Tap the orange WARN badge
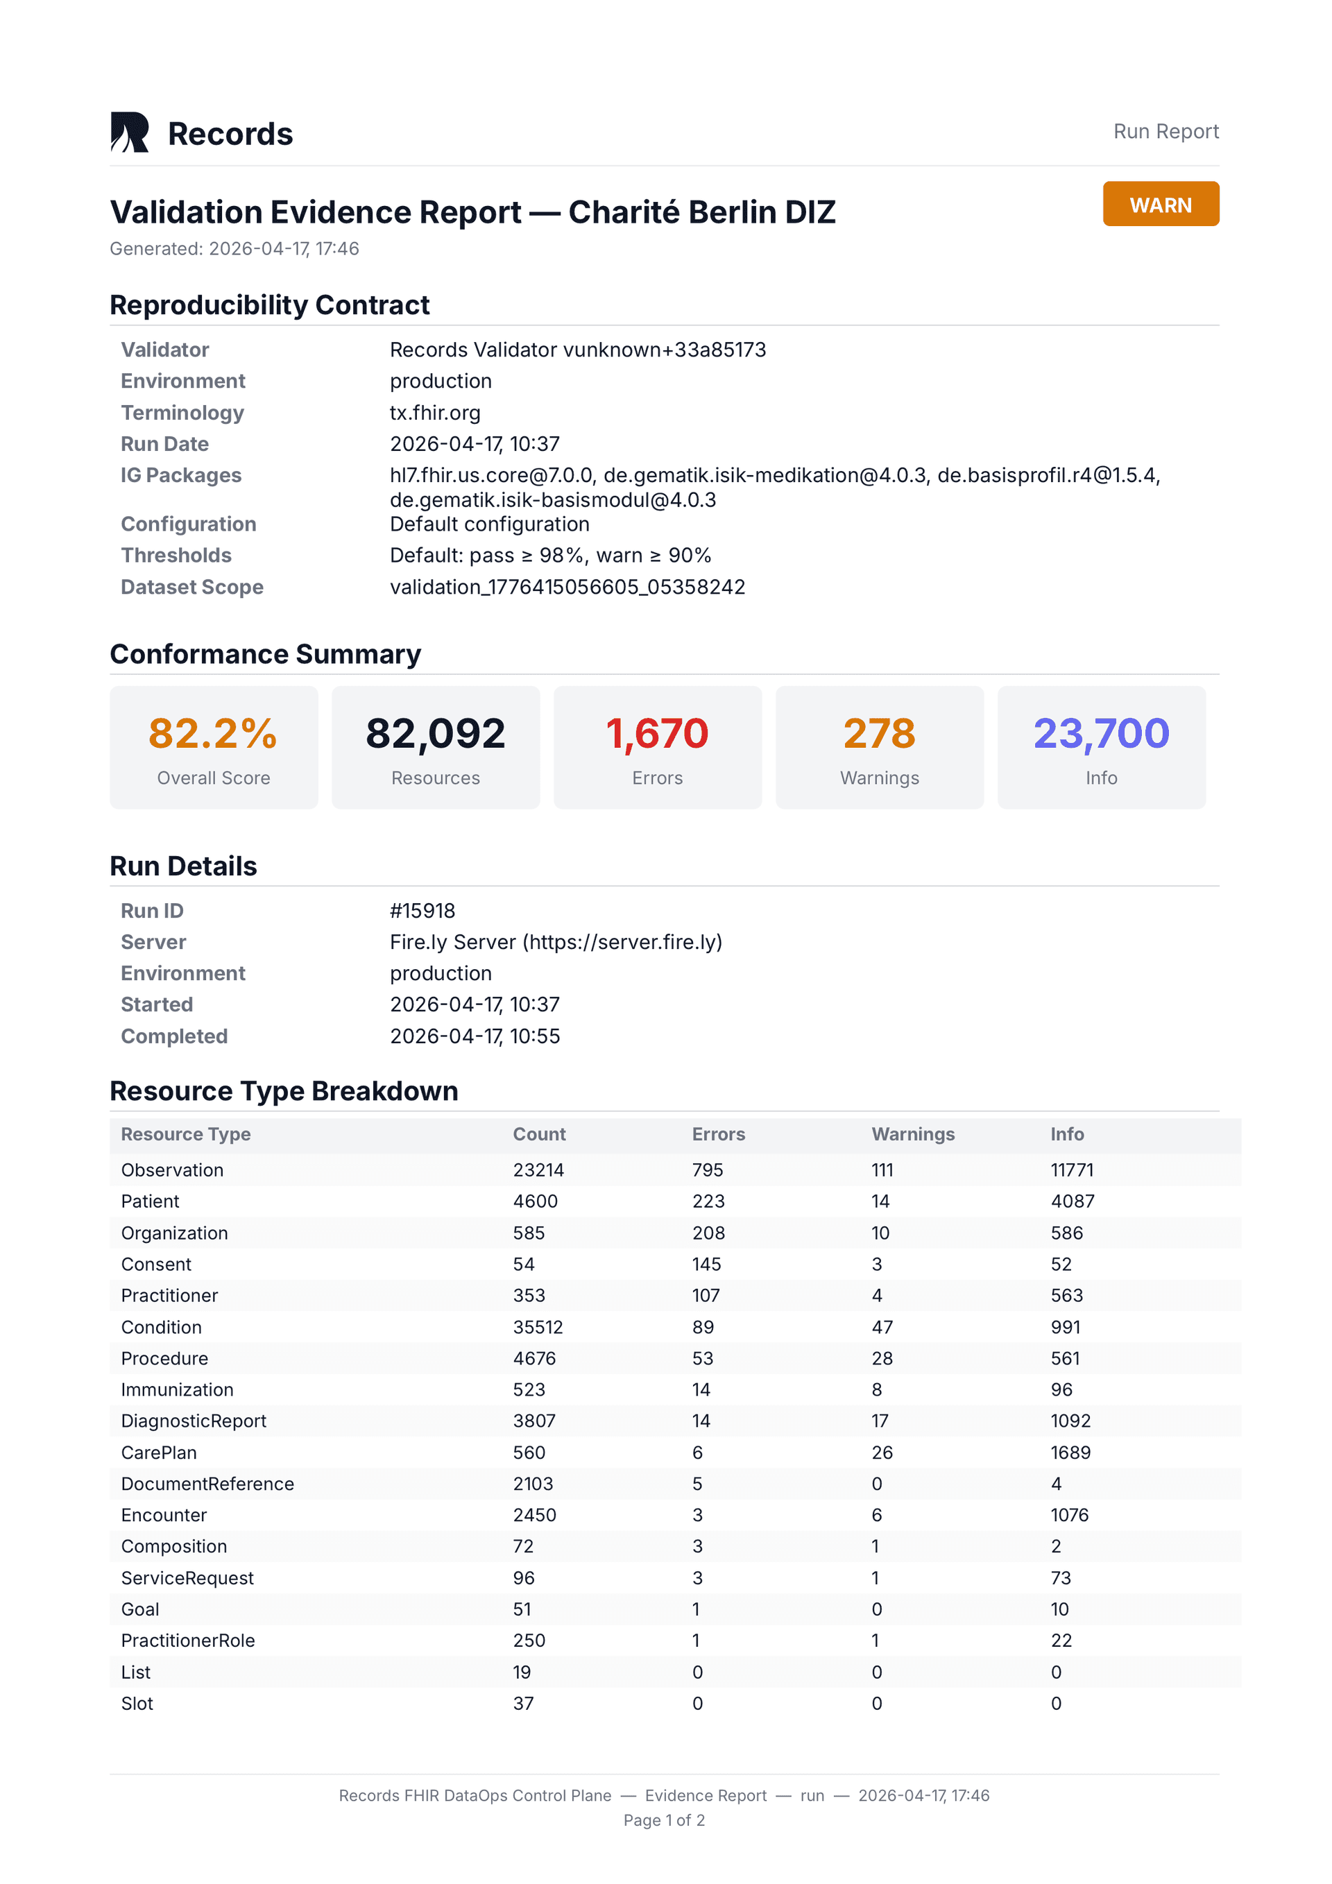coord(1160,205)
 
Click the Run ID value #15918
coord(422,911)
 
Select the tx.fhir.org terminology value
coord(435,413)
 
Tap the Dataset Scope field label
coord(192,587)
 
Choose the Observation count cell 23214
coord(538,1170)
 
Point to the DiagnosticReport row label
coord(194,1421)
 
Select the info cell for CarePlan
coord(1070,1453)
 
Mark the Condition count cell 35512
coord(538,1328)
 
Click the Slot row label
coord(137,1704)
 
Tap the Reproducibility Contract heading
coord(269,305)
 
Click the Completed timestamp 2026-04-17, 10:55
coord(475,1036)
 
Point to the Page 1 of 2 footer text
coord(664,1820)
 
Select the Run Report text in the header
coord(1165,131)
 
